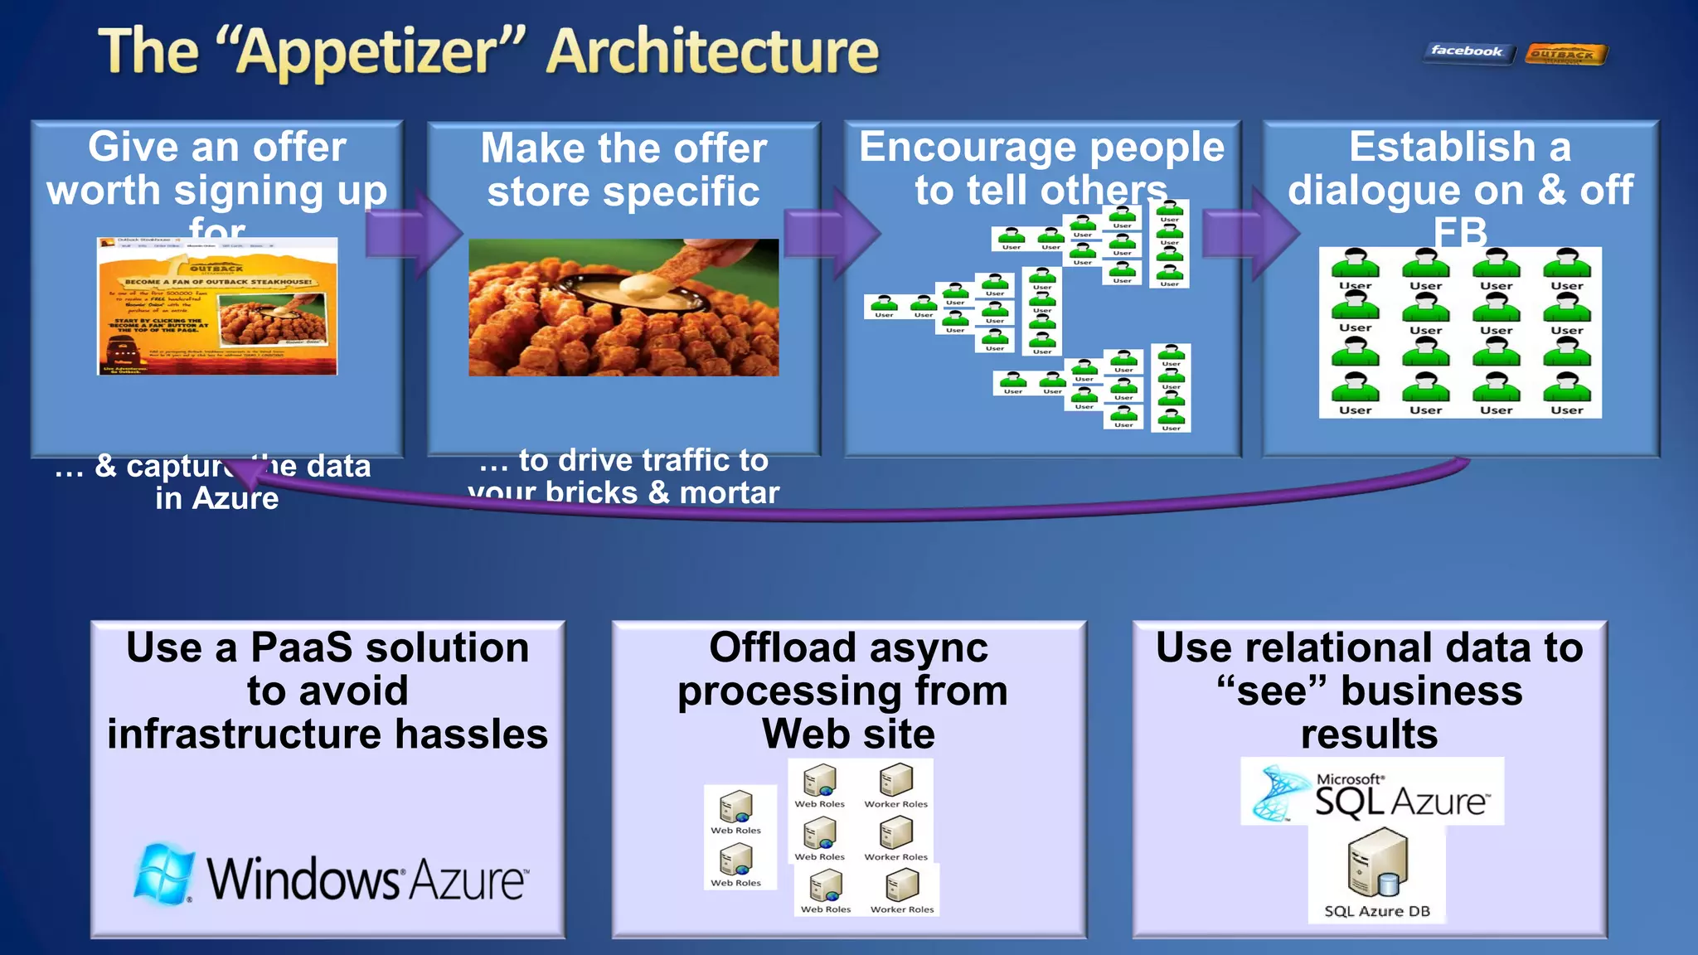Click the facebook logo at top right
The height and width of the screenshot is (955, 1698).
click(1467, 52)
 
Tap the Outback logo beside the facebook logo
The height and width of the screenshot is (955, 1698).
click(1565, 55)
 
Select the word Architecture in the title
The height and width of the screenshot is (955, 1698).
click(713, 51)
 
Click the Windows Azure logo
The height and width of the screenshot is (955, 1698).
click(330, 877)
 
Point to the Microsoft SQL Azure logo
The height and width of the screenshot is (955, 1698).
click(1372, 792)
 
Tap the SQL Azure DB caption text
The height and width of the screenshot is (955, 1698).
click(1376, 911)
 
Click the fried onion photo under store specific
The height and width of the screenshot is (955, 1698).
click(623, 308)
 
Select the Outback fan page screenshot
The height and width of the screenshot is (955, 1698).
click(217, 306)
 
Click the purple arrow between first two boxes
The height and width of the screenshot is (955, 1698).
click(415, 233)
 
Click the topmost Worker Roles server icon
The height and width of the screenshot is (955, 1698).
click(895, 780)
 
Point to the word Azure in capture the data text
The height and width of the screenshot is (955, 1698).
click(236, 498)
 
